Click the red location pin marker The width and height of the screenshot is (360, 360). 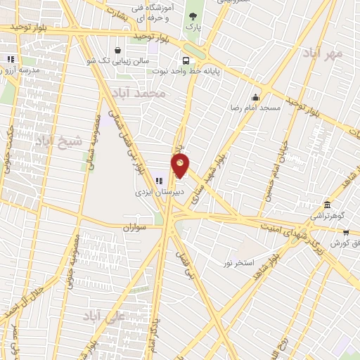[x=181, y=165]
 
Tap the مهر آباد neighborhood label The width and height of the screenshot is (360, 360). [x=323, y=53]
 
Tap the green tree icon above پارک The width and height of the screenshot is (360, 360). [x=192, y=15]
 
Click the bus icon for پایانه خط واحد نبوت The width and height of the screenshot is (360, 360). [x=185, y=60]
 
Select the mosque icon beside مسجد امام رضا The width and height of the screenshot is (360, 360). [x=256, y=97]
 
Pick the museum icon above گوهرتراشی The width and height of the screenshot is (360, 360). [x=328, y=205]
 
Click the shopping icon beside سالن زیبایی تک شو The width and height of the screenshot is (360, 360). [x=117, y=50]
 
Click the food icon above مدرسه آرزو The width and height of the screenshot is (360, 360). [x=9, y=60]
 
